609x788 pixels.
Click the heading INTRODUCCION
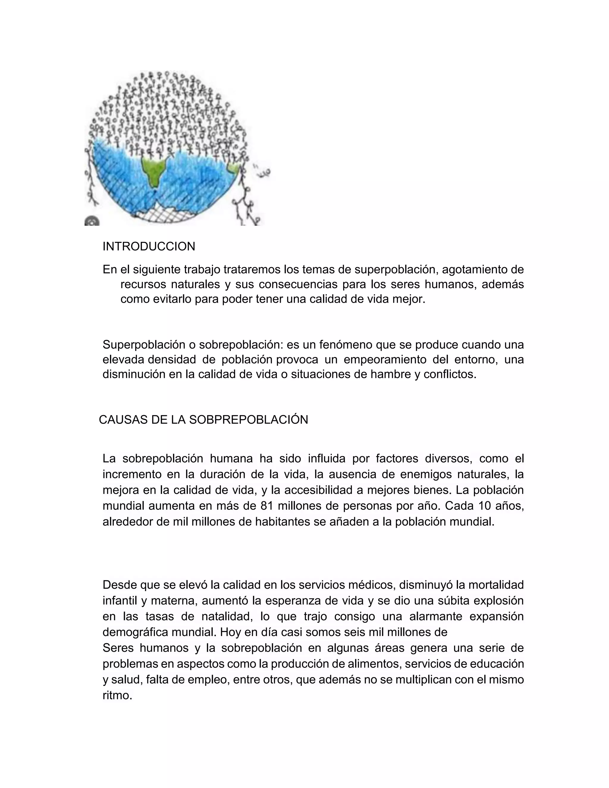149,247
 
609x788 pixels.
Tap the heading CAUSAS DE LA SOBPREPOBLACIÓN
203,420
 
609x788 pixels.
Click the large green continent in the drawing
154,169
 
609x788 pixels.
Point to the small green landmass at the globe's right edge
234,168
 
